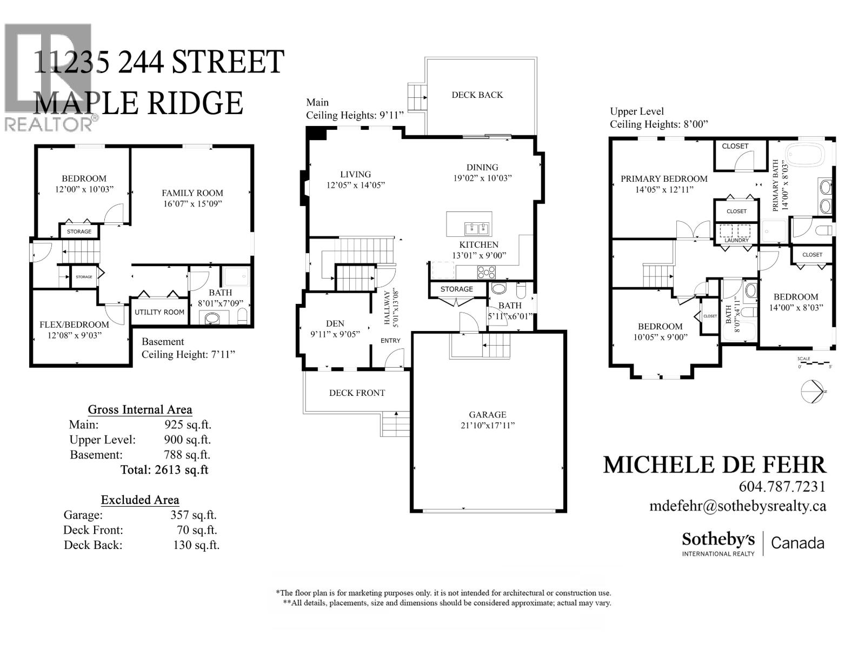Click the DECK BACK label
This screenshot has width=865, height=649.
click(x=477, y=95)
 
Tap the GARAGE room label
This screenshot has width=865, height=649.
click(x=487, y=415)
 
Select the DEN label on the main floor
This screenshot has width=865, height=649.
click(x=335, y=323)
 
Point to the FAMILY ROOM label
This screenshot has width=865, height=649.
click(x=192, y=193)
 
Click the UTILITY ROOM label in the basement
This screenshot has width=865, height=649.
click(x=159, y=312)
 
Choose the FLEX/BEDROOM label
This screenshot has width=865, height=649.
click(x=74, y=325)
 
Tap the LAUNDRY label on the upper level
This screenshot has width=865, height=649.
click(x=737, y=240)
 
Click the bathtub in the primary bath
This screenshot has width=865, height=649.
click(x=805, y=155)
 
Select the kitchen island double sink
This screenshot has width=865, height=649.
click(x=476, y=228)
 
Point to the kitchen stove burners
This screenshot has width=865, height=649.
click(x=486, y=271)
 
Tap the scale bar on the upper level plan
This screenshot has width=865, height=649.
click(x=814, y=363)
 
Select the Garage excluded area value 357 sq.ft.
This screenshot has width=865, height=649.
click(x=193, y=515)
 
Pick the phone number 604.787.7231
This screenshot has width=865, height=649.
click(x=782, y=487)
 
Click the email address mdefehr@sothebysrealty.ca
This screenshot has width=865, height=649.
click(x=737, y=506)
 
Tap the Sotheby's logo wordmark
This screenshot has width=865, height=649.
click(x=718, y=539)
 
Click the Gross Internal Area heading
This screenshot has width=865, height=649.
click(x=140, y=410)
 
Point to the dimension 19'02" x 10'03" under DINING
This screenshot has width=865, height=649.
click(x=482, y=178)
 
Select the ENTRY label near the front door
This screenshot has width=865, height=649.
click(x=390, y=341)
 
